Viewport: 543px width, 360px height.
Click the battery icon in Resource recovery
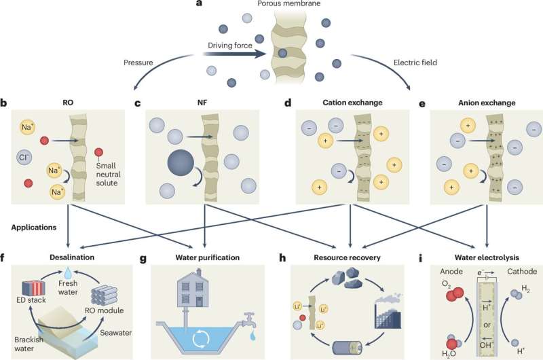click(350, 346)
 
